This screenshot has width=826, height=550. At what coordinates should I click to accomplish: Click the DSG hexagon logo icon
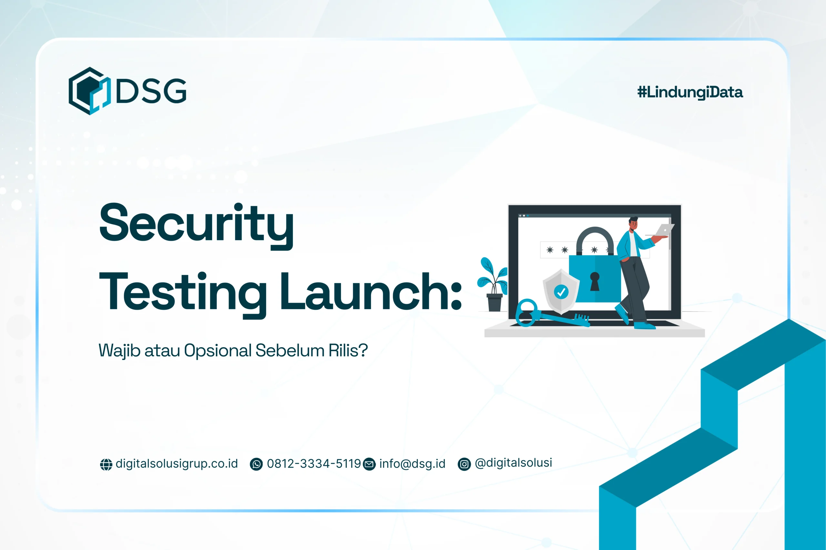(x=89, y=91)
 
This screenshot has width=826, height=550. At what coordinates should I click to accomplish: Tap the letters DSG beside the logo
(x=151, y=91)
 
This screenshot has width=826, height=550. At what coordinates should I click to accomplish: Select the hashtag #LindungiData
(x=690, y=92)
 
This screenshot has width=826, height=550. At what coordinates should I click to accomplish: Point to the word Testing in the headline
(x=183, y=293)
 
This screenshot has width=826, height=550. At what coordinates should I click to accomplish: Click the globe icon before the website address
(x=106, y=464)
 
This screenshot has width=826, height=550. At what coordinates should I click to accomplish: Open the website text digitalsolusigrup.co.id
(x=176, y=464)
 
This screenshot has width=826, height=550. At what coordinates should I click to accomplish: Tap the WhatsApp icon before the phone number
(x=256, y=464)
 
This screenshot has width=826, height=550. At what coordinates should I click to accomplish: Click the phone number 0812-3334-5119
(x=314, y=464)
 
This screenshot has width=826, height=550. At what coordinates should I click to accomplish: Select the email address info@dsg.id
(x=412, y=464)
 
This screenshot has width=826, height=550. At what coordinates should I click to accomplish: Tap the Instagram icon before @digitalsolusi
(x=464, y=464)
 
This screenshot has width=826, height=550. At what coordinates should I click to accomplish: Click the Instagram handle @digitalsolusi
(x=513, y=463)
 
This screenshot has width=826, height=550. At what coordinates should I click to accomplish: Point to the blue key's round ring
(x=526, y=312)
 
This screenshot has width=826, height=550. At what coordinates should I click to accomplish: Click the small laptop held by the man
(x=664, y=230)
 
